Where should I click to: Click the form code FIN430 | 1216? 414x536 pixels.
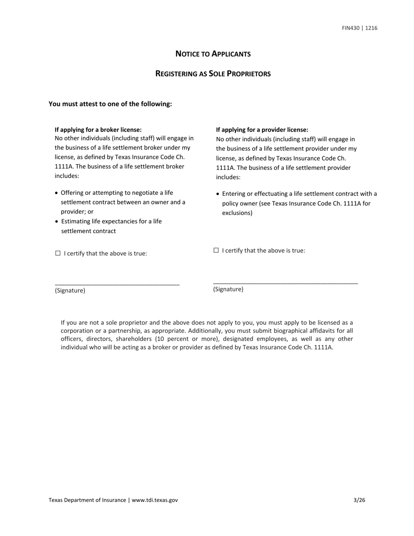coord(360,28)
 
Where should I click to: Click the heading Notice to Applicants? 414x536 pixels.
coord(213,54)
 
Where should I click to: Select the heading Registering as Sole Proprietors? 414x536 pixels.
coord(213,74)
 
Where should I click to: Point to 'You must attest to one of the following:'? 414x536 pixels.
coord(110,104)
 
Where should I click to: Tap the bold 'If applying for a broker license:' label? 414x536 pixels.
coord(98,130)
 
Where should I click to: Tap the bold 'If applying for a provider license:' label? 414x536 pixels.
coord(262,130)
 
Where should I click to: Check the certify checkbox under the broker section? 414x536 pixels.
coord(58,253)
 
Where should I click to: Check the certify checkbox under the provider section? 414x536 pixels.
coord(216,250)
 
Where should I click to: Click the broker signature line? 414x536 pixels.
coord(117,284)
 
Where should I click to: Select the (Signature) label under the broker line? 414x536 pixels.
coord(70,291)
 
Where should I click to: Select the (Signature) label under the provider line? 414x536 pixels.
coord(228,289)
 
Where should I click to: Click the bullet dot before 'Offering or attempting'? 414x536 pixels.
coord(57,193)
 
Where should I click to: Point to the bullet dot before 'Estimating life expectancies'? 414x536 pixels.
coord(57,222)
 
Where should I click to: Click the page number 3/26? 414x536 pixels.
coord(359,500)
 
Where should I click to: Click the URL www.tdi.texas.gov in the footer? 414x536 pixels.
coord(155,500)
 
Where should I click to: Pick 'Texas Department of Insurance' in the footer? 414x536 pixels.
coord(87,500)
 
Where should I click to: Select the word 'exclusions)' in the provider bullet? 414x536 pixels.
coord(237,213)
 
